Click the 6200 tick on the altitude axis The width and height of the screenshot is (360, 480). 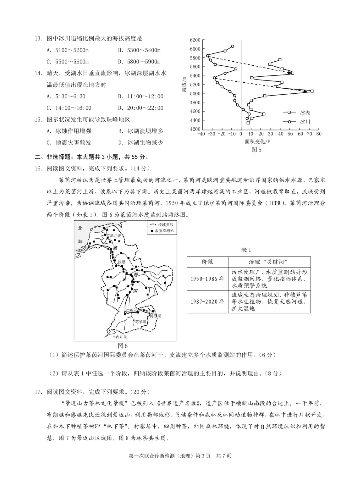click(x=195, y=40)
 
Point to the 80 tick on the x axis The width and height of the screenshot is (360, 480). click(x=319, y=134)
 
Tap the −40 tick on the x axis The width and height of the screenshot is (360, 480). click(x=201, y=134)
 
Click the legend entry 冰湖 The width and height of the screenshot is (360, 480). click(x=305, y=113)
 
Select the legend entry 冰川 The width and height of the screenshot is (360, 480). click(x=305, y=122)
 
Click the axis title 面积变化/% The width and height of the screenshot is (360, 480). click(x=257, y=142)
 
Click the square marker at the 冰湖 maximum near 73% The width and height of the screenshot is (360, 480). click(x=312, y=91)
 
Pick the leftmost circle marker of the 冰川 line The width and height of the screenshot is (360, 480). click(x=207, y=56)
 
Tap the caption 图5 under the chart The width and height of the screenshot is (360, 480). click(x=256, y=150)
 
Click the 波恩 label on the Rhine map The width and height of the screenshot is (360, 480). click(x=122, y=262)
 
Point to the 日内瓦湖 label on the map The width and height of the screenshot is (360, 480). click(x=119, y=337)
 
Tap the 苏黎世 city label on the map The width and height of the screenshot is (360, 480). click(x=141, y=322)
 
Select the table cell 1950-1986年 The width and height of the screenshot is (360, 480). click(x=207, y=279)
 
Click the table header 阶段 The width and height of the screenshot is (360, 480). click(x=207, y=262)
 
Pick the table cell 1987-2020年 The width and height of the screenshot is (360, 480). click(x=207, y=302)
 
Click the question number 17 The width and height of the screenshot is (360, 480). click(x=39, y=392)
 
